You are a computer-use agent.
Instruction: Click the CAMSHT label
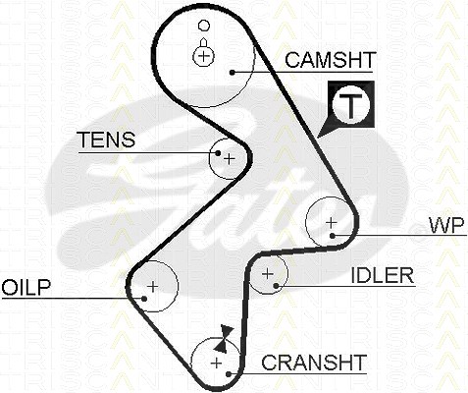coord(330,60)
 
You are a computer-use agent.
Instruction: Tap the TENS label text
coord(107,140)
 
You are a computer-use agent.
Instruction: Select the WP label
coord(446,225)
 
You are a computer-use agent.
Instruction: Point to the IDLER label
coord(383,275)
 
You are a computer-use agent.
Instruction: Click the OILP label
coord(26,287)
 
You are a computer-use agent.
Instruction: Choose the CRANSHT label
coord(314,363)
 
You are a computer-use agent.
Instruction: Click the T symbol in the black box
coord(351,105)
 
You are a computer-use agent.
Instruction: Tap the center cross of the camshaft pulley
coord(203,56)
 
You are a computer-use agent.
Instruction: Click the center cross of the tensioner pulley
coord(230,159)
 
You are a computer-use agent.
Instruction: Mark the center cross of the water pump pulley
coord(332,223)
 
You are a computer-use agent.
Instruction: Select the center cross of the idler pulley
coord(268,273)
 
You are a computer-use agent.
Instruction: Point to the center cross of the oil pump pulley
coord(153,287)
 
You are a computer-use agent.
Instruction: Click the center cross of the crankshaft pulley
coord(216,363)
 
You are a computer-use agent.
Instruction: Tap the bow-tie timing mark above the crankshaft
coord(224,339)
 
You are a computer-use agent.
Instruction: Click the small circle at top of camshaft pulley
coord(204,25)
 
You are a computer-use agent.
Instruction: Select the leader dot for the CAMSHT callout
coord(233,73)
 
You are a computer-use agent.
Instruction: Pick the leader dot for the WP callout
coord(333,236)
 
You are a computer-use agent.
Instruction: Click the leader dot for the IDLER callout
coord(276,286)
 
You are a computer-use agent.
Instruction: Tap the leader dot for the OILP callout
coord(144,299)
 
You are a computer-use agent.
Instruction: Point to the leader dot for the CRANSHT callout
coord(229,373)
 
